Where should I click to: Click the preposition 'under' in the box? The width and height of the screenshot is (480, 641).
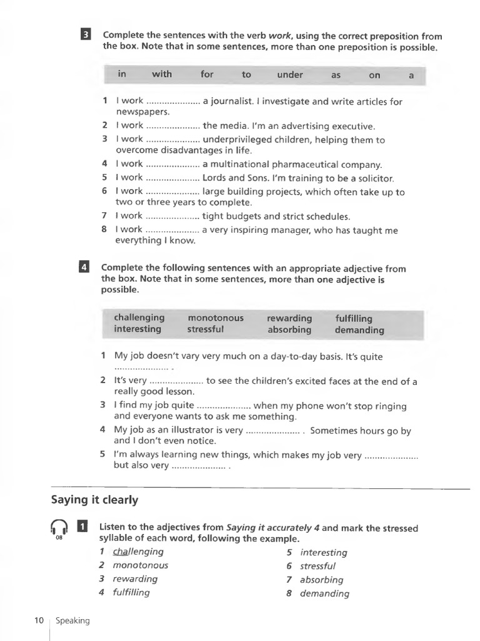(x=290, y=75)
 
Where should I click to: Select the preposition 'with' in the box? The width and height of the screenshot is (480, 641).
(x=162, y=74)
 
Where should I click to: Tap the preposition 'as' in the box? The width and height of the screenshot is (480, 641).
(x=336, y=75)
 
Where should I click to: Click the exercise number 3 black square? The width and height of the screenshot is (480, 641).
(x=86, y=35)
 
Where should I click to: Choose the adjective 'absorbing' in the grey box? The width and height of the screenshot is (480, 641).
(x=289, y=329)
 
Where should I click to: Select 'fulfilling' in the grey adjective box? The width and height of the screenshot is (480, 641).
(x=354, y=318)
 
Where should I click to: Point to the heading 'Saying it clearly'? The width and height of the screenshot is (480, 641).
(x=94, y=500)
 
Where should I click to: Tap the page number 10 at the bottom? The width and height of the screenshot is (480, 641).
(x=39, y=620)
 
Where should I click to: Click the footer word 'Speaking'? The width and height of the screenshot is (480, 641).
(x=72, y=620)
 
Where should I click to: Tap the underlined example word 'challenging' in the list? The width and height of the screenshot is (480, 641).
(x=138, y=551)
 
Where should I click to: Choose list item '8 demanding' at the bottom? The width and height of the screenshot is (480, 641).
(x=318, y=593)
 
